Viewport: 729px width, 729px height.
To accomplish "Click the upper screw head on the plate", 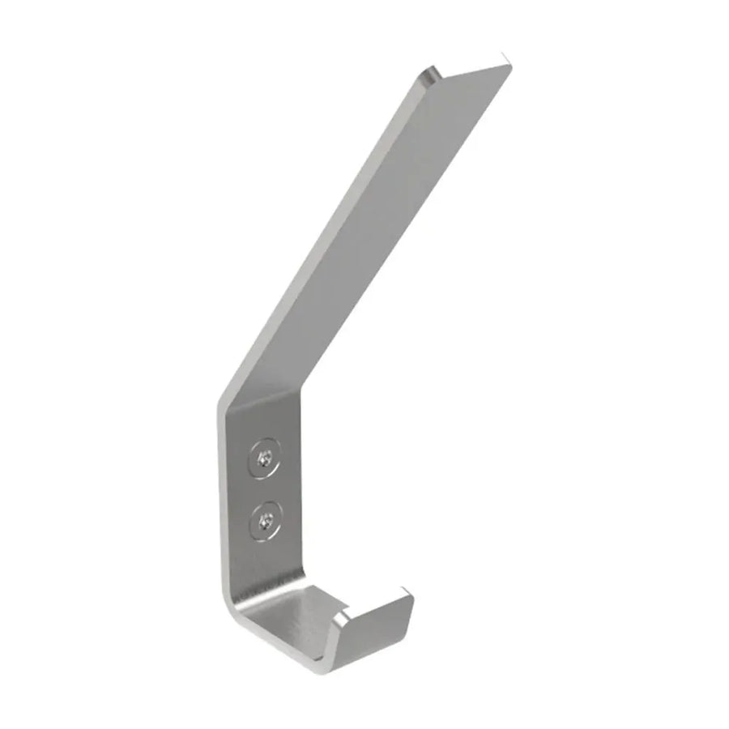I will tap(265, 459).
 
